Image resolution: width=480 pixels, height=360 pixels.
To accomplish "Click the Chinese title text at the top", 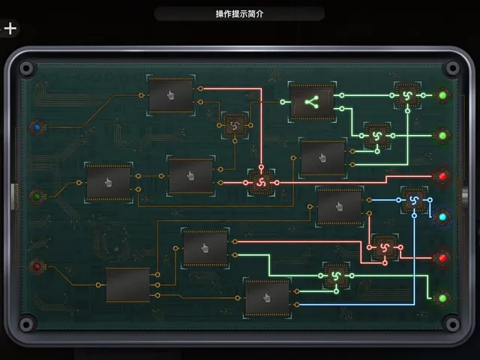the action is (x=239, y=13).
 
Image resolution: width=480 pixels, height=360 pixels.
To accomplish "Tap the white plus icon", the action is (x=10, y=28).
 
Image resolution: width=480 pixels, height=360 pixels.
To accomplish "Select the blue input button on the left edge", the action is (x=37, y=127).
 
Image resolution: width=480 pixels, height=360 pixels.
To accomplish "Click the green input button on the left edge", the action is (x=37, y=196).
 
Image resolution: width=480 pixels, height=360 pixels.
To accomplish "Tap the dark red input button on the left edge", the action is (x=37, y=266).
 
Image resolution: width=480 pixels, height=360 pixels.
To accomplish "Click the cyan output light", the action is (x=442, y=217).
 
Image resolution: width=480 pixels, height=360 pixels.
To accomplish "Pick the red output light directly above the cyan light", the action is (x=442, y=176).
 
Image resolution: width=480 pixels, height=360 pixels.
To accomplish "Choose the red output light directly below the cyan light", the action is (x=442, y=258).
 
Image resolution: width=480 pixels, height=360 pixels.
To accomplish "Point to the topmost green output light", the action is (x=442, y=95).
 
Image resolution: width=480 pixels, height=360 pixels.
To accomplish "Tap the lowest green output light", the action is (x=442, y=298).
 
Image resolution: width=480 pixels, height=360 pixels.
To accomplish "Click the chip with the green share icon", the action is (x=312, y=102).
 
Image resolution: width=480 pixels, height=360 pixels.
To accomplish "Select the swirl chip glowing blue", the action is (x=414, y=200).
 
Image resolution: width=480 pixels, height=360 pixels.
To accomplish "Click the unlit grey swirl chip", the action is (x=235, y=125).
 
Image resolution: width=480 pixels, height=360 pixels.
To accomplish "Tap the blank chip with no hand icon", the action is (x=128, y=285).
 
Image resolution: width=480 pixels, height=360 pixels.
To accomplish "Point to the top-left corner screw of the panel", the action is (x=26, y=68).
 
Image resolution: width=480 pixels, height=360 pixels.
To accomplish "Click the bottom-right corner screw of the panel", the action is (x=452, y=324).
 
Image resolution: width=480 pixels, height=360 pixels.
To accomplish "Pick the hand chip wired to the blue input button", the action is (x=171, y=95).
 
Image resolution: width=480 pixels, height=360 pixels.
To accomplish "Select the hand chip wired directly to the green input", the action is (x=108, y=182).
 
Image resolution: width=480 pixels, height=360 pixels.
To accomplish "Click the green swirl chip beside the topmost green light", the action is (x=407, y=95).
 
